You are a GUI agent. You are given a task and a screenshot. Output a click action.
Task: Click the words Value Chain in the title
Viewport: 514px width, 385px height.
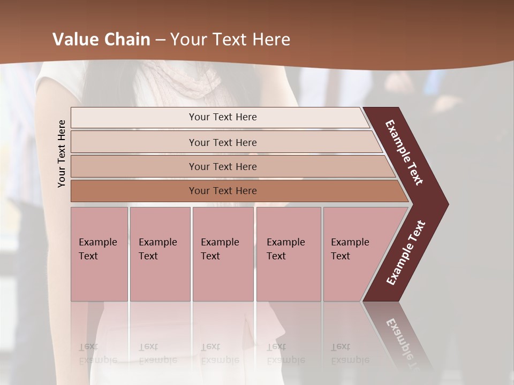101,40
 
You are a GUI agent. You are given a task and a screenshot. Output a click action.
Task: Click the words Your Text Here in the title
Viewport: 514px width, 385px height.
230,40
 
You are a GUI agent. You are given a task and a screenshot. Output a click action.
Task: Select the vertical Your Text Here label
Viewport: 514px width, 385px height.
62,153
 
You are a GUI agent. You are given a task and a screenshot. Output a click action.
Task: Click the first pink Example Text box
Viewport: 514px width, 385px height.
99,254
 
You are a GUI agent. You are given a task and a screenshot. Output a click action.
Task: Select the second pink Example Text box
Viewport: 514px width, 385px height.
160,254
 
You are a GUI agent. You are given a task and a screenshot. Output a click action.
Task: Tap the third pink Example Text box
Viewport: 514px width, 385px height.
223,254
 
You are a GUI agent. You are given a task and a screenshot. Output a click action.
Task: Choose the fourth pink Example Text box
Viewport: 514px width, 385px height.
288,254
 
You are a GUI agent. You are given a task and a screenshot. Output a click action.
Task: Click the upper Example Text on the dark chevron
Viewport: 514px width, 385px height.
404,152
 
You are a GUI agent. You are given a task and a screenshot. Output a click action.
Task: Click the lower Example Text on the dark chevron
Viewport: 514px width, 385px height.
406,253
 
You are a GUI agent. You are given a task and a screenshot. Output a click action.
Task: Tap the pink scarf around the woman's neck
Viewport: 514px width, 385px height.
187,78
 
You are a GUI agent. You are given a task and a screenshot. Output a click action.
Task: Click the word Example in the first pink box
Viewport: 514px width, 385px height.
97,242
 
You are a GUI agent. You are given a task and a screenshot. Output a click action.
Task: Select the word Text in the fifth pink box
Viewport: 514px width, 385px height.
340,256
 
